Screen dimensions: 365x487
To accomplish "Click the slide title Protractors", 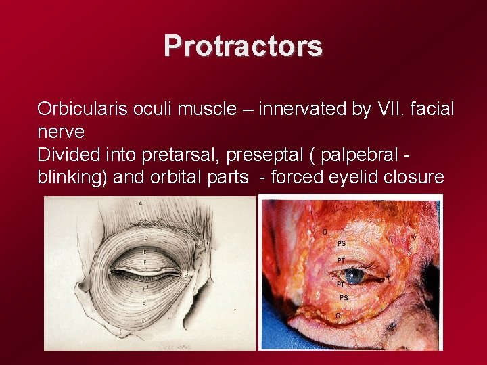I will [243, 46].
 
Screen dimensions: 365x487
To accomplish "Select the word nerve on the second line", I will [61, 132].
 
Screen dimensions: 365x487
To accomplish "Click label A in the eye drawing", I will [140, 203].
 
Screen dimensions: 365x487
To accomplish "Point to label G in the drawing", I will [186, 274].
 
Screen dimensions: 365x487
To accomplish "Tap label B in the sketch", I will [200, 243].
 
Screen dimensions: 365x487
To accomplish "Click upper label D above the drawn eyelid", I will [146, 238].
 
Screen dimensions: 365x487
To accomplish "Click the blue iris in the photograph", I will [352, 276].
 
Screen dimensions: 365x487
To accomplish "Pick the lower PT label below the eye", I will [342, 285].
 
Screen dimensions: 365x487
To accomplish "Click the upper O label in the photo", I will [325, 233].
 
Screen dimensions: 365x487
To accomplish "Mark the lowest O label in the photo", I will [338, 315].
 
